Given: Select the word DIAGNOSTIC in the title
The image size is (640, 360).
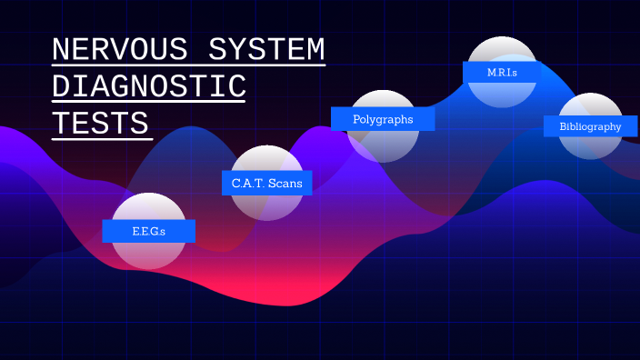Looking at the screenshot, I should click(149, 86).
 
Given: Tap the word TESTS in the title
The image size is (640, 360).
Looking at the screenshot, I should click(100, 123).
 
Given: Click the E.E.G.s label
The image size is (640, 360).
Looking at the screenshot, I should click(148, 231).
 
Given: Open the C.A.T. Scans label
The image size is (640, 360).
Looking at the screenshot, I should click(266, 183).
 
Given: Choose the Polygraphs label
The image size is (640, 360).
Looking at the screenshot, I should click(383, 119).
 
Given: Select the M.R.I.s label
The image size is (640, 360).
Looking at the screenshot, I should click(502, 71).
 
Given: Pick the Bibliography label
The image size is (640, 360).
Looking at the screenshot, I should click(590, 126).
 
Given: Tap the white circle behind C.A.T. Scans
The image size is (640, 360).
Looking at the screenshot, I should click(266, 205).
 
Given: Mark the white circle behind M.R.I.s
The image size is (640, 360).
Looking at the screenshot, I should click(502, 93).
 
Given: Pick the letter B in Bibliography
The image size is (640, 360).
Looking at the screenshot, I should click(564, 126).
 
